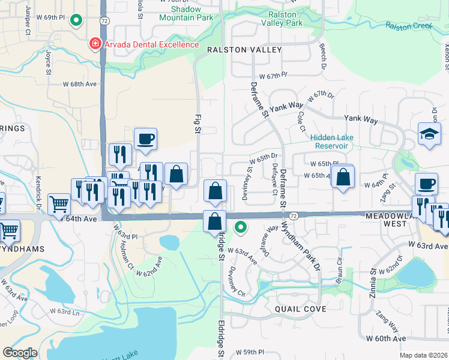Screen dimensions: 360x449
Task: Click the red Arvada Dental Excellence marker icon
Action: (x=94, y=44)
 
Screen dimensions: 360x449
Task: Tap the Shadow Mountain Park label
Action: (x=186, y=14)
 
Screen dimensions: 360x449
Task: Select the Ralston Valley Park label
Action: (x=282, y=19)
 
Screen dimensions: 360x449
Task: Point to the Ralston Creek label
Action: (x=409, y=26)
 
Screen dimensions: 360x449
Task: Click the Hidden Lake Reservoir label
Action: (x=332, y=141)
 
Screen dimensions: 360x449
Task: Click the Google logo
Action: (x=20, y=352)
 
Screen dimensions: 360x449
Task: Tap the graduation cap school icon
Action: (x=430, y=135)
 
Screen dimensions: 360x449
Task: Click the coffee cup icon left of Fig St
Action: (x=146, y=140)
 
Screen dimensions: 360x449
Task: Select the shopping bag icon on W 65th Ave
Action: (x=342, y=176)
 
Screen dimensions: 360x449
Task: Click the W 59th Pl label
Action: (x=250, y=352)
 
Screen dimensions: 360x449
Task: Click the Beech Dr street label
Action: (x=322, y=56)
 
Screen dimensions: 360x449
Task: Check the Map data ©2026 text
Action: (x=423, y=355)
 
